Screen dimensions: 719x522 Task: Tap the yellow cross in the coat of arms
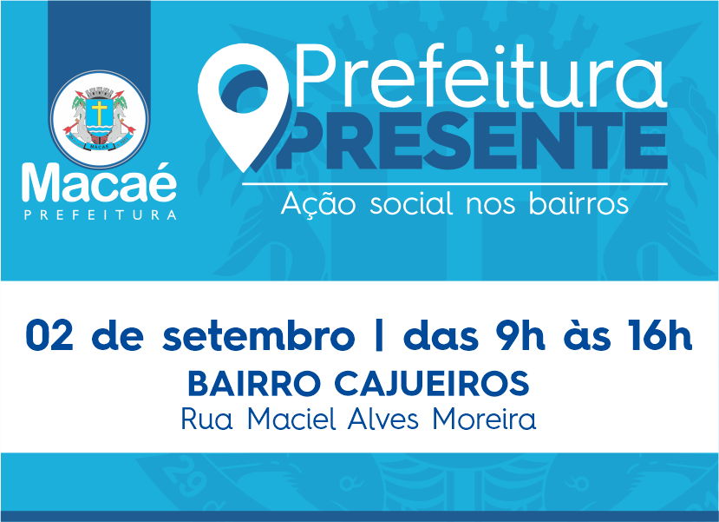tap(99, 112)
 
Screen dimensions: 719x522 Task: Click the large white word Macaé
tap(99, 182)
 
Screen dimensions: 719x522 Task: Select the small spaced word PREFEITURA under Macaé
tap(100, 215)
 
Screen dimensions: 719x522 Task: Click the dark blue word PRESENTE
tap(473, 140)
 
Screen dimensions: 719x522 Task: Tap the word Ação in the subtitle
tap(318, 204)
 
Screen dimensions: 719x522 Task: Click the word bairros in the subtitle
tap(578, 203)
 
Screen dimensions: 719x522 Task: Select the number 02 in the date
tap(49, 336)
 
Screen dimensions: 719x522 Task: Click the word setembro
tap(258, 336)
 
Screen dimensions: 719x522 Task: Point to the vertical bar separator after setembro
tap(379, 337)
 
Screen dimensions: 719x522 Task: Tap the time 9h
tap(520, 336)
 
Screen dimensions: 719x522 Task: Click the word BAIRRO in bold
tap(255, 384)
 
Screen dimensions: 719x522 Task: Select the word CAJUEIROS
tap(432, 384)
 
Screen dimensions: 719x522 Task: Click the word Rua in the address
tap(206, 420)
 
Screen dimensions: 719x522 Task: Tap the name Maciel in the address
tap(291, 419)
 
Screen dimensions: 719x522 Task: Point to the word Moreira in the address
tap(484, 419)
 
